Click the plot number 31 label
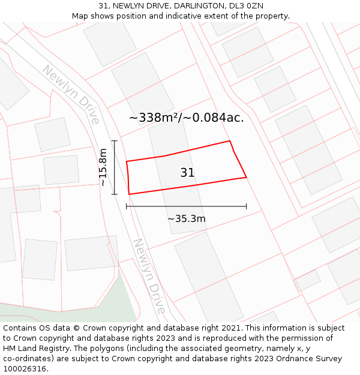[x=187, y=173]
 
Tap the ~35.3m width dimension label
[x=186, y=219]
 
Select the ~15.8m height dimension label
[x=103, y=167]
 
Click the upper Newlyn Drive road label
[x=71, y=94]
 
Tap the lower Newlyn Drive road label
[x=149, y=276]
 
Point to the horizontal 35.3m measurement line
[x=186, y=206]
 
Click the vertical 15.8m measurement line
[x=114, y=167]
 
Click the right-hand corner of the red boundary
[x=247, y=177]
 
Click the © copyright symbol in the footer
[x=77, y=328]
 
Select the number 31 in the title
[x=104, y=6]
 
